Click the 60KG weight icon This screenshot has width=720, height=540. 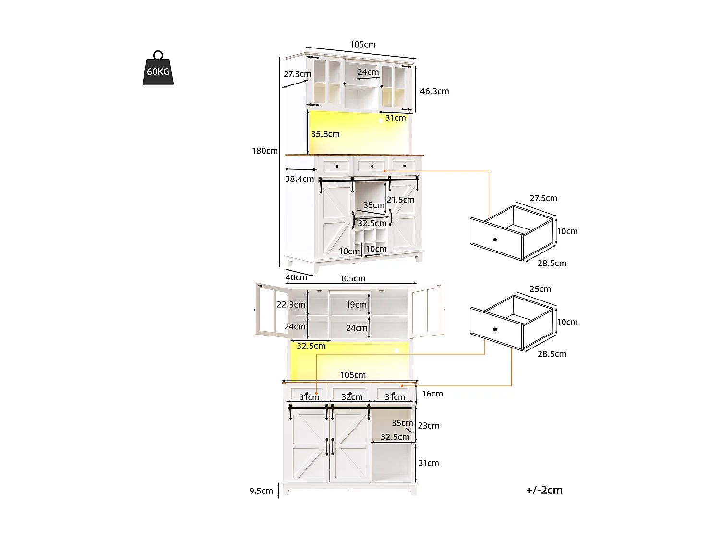(x=158, y=70)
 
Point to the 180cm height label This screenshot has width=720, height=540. (x=265, y=151)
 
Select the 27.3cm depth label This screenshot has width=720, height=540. (x=297, y=74)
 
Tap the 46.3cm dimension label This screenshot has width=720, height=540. (x=434, y=91)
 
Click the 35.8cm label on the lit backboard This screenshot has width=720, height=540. (x=325, y=134)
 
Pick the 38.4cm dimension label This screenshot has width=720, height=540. (x=300, y=179)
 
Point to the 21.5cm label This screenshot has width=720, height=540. (x=400, y=200)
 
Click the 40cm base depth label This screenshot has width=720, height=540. (x=296, y=277)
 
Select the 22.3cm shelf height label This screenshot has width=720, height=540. (x=291, y=304)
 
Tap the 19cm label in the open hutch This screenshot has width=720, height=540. (x=356, y=304)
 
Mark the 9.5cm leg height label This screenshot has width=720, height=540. (x=261, y=491)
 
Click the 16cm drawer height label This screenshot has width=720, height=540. (x=432, y=394)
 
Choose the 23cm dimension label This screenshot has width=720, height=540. (x=428, y=425)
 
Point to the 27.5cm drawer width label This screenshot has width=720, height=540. (x=543, y=198)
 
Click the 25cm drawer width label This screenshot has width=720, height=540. (x=540, y=289)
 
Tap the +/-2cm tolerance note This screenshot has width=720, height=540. (x=544, y=490)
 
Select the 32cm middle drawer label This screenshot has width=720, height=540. (x=352, y=397)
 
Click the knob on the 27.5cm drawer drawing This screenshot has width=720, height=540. (x=495, y=240)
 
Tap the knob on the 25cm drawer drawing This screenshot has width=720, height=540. (x=495, y=329)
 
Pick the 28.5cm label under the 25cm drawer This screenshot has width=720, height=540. (x=552, y=354)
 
